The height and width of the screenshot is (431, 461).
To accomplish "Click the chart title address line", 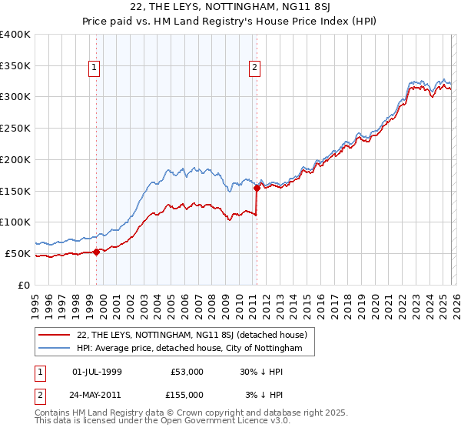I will click(x=230, y=8).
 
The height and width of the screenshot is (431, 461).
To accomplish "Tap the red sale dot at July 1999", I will click(x=97, y=251).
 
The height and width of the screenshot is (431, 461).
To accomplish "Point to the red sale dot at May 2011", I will click(x=257, y=187).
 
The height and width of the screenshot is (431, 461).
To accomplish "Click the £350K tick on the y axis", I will click(x=15, y=65).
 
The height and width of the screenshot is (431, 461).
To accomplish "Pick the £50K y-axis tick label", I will click(x=17, y=253).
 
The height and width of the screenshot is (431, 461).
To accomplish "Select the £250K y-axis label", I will click(x=15, y=128).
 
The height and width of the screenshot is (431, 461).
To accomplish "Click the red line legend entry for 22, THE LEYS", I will click(x=192, y=335).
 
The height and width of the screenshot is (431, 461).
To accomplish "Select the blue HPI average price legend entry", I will click(x=195, y=349).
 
